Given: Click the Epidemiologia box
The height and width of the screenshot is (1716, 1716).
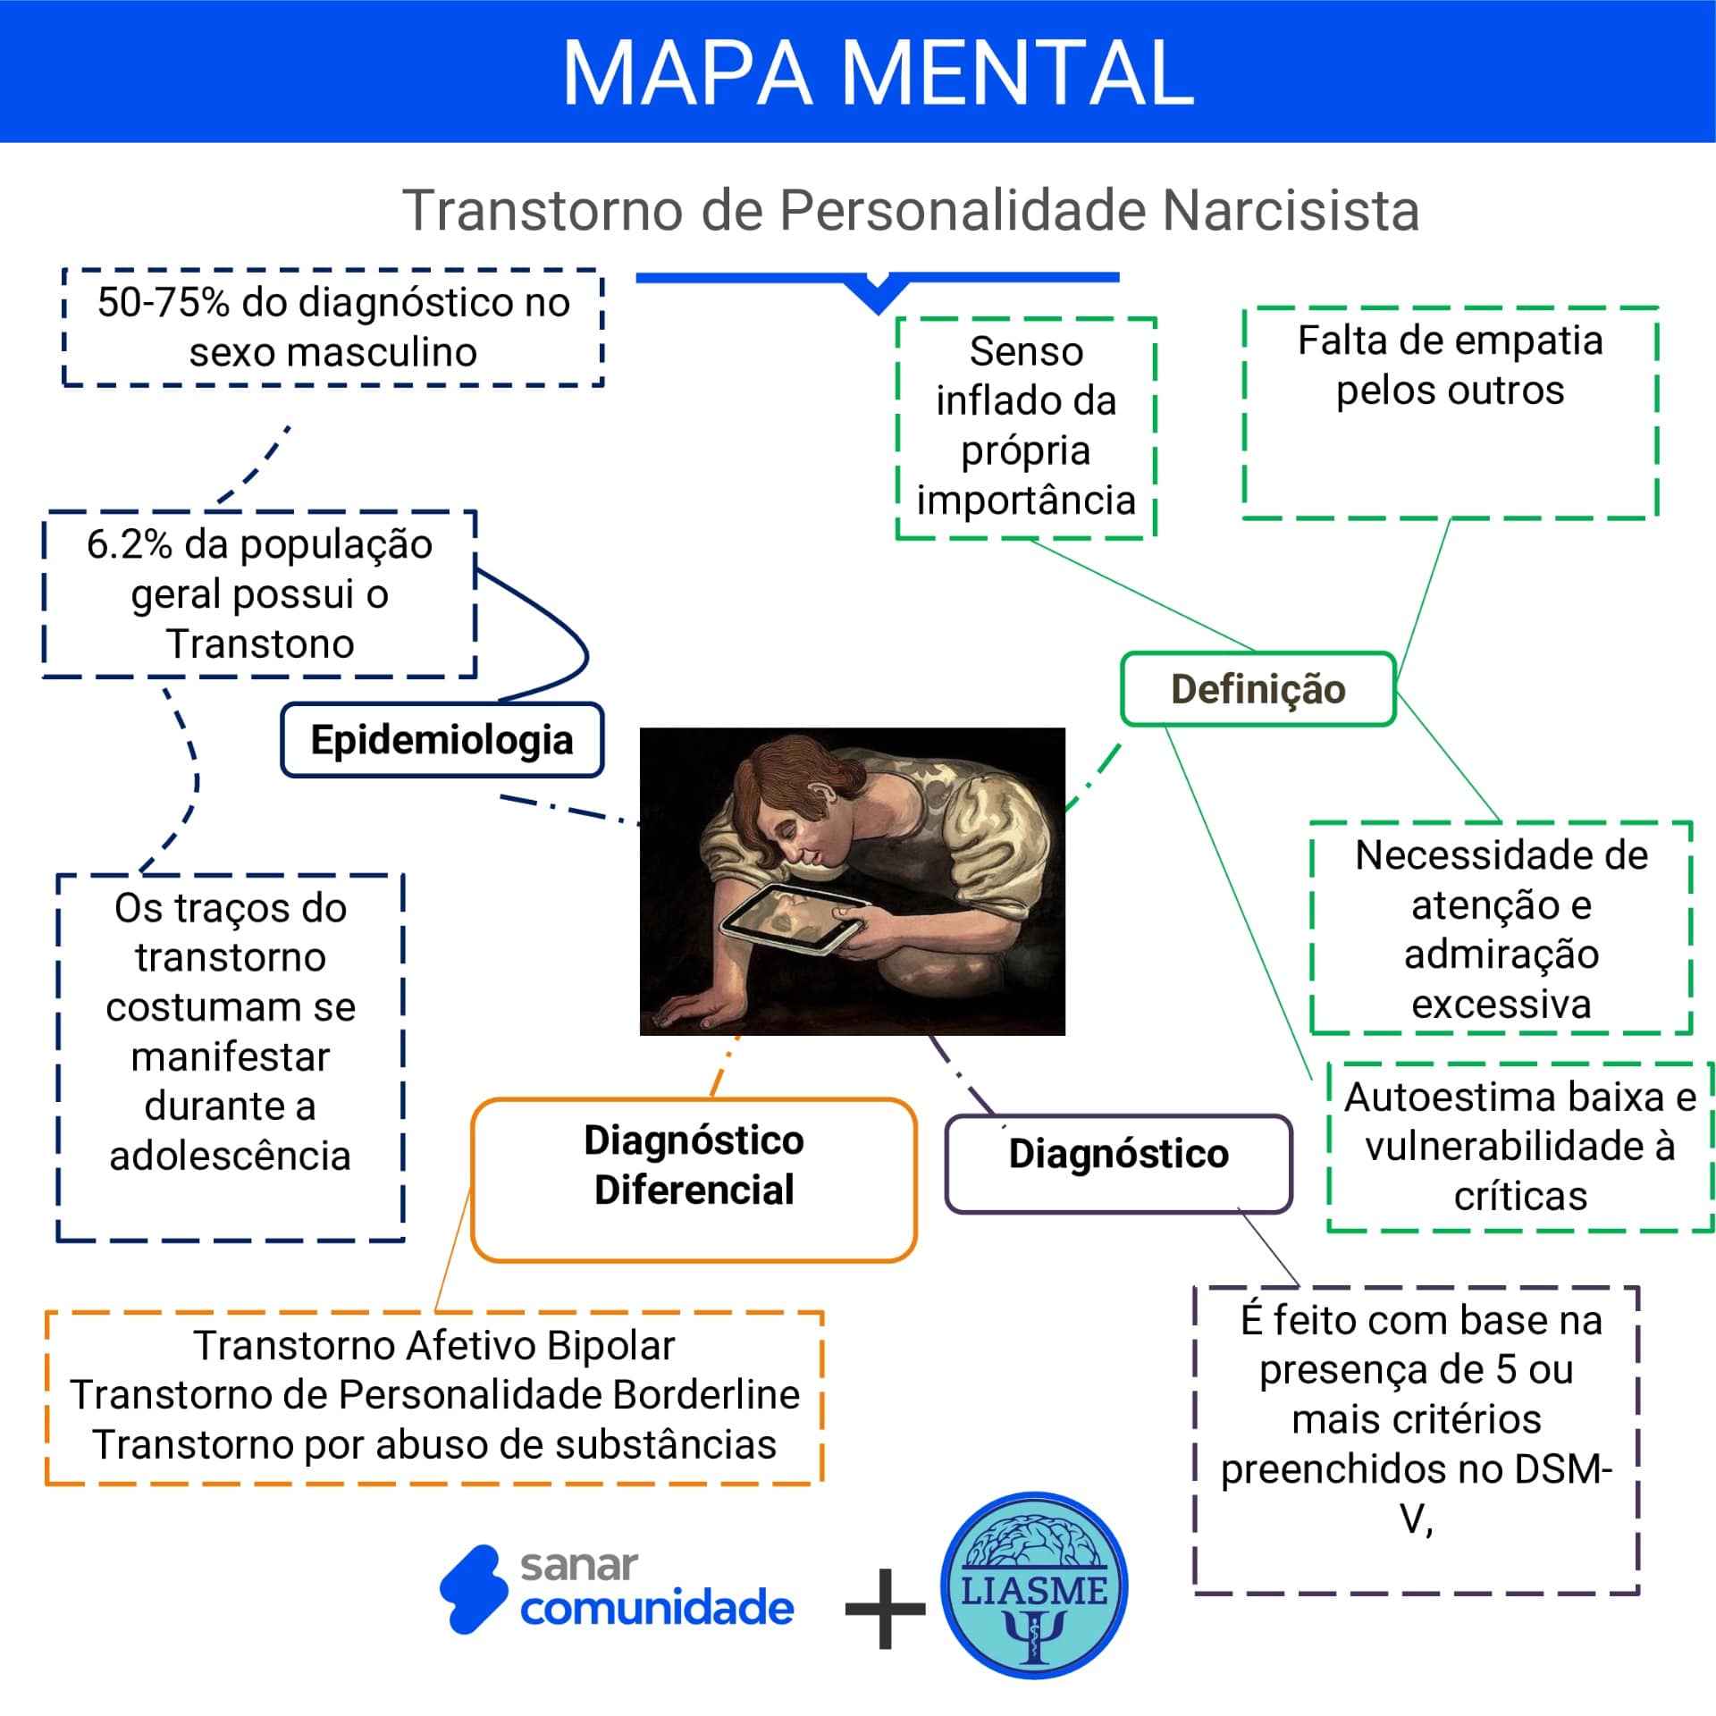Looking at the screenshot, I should point(442,740).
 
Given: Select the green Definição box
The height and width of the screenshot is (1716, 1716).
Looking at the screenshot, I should point(1258,689).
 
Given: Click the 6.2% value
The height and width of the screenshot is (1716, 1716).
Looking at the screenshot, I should point(129,545).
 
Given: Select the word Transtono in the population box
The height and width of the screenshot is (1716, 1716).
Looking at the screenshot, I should point(260,643).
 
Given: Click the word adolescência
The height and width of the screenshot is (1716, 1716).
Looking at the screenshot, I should point(230,1156).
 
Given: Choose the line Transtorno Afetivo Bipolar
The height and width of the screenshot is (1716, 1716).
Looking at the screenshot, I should point(434,1345).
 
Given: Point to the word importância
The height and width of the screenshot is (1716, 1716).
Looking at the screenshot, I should point(1025,500).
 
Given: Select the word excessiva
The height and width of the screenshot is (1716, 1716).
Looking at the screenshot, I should point(1501,1004).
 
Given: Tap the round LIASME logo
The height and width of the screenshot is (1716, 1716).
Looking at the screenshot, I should point(1034,1585).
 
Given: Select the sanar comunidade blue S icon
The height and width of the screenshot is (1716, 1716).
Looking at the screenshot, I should point(473,1589).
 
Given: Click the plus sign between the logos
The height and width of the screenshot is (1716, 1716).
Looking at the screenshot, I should point(885,1609).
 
